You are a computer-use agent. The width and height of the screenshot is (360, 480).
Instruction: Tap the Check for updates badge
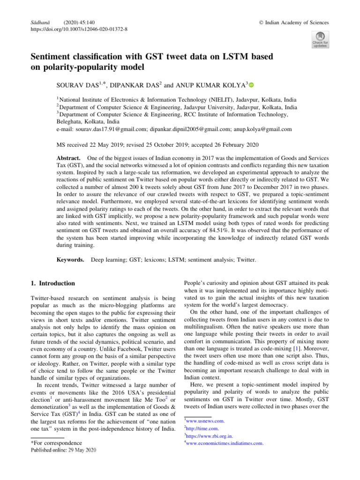tap(320, 39)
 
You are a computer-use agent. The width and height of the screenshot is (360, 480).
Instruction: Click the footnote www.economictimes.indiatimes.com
tap(224, 443)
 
